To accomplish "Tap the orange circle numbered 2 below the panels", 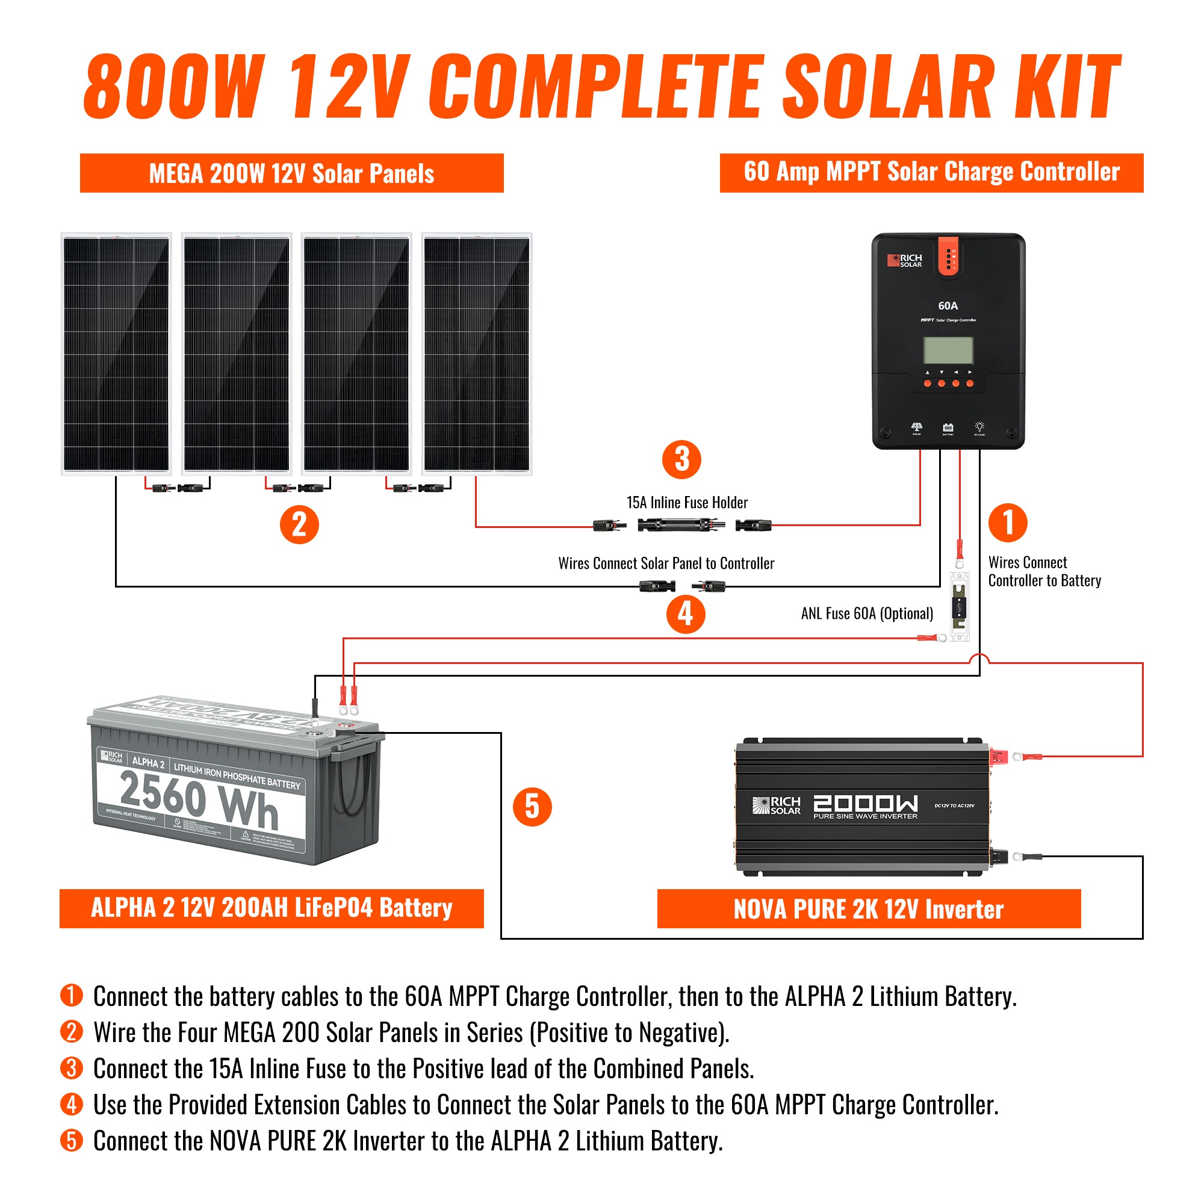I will click(x=299, y=524).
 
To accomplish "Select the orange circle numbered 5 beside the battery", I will click(x=532, y=807).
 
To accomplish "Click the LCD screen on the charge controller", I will click(x=948, y=350).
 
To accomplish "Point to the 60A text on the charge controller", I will click(x=948, y=305).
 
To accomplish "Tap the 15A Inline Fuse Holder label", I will click(x=687, y=502).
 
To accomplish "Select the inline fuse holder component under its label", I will click(x=681, y=526).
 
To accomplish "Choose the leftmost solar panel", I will click(x=116, y=354).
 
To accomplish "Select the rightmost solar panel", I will click(x=477, y=354).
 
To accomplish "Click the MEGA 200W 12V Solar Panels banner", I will click(x=291, y=173).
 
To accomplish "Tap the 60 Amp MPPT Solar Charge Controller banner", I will click(x=931, y=173).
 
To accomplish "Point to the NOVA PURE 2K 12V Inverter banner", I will click(x=869, y=909).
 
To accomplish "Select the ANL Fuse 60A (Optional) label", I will click(x=867, y=613).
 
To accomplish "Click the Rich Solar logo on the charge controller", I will click(x=904, y=261).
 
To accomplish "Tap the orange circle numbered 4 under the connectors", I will click(x=686, y=615).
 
